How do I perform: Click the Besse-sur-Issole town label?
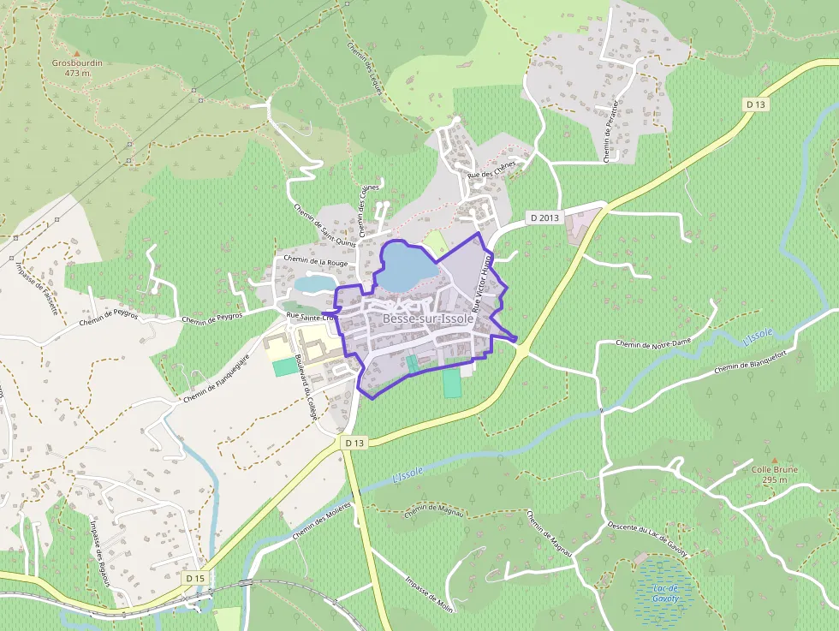pyautogui.click(x=427, y=318)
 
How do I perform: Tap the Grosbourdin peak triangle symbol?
pyautogui.click(x=76, y=54)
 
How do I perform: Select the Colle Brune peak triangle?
pyautogui.click(x=774, y=460)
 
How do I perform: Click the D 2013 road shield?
pyautogui.click(x=544, y=217)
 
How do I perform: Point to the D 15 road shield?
pyautogui.click(x=194, y=579)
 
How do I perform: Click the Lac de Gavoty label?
pyautogui.click(x=664, y=592)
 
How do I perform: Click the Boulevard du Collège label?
pyautogui.click(x=306, y=387)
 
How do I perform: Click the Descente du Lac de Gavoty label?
pyautogui.click(x=647, y=539)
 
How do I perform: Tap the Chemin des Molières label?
pyautogui.click(x=322, y=521)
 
